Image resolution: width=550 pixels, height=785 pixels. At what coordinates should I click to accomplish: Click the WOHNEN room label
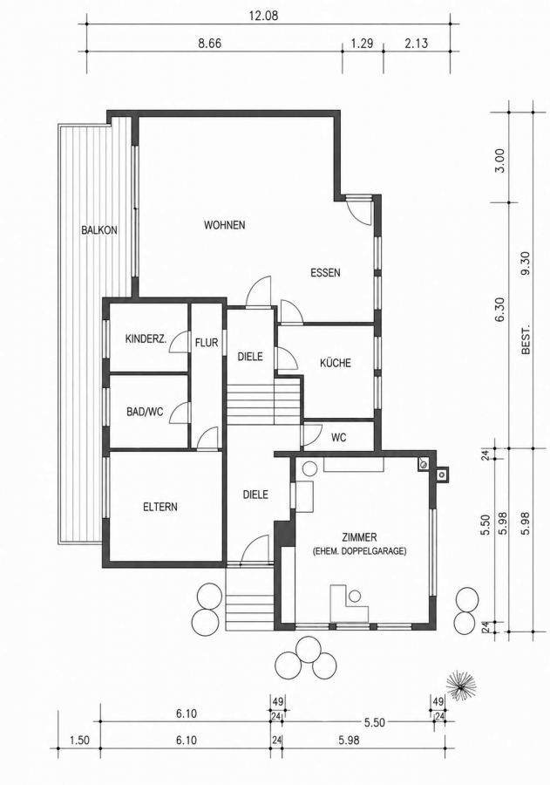(x=224, y=225)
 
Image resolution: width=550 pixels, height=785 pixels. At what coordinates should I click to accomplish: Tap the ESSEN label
(x=325, y=273)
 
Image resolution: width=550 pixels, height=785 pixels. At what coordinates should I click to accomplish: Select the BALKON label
(x=99, y=230)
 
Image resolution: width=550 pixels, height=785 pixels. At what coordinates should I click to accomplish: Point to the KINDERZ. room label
(x=146, y=339)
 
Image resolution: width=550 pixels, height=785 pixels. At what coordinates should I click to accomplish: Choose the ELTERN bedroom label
(x=160, y=507)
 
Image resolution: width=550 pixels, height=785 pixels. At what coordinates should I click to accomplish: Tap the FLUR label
(x=207, y=343)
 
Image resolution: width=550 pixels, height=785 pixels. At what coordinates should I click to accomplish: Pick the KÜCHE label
(x=336, y=363)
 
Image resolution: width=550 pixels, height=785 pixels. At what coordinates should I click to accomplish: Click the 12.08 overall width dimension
(x=263, y=16)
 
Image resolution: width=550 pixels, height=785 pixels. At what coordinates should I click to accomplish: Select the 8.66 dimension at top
(x=209, y=43)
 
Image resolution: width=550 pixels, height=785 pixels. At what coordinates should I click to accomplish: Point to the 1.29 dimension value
(x=362, y=43)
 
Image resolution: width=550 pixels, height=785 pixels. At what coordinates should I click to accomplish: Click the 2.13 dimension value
(x=417, y=43)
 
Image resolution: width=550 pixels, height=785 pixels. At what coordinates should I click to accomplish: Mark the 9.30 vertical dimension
(x=525, y=263)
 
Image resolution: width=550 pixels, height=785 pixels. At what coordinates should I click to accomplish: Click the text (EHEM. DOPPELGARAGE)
(x=359, y=551)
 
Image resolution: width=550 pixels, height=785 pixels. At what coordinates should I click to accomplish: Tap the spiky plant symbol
(x=460, y=686)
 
